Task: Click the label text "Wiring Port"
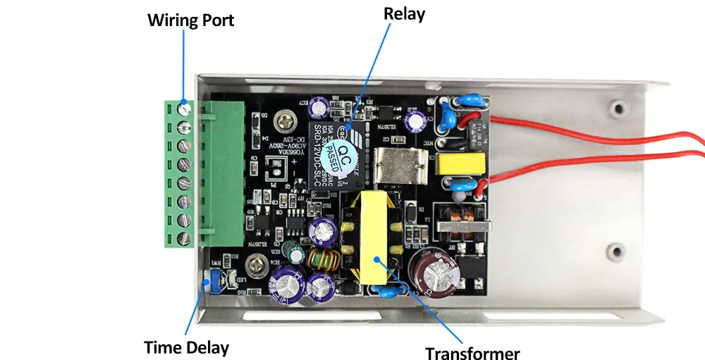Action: click(190, 20)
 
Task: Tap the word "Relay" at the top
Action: click(404, 13)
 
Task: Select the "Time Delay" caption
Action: click(186, 347)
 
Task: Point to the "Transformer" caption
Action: click(472, 353)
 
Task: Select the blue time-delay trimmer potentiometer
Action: click(208, 284)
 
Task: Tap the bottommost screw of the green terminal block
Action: click(185, 237)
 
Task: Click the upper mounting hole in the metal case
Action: click(618, 108)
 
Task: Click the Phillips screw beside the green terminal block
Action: click(285, 120)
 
